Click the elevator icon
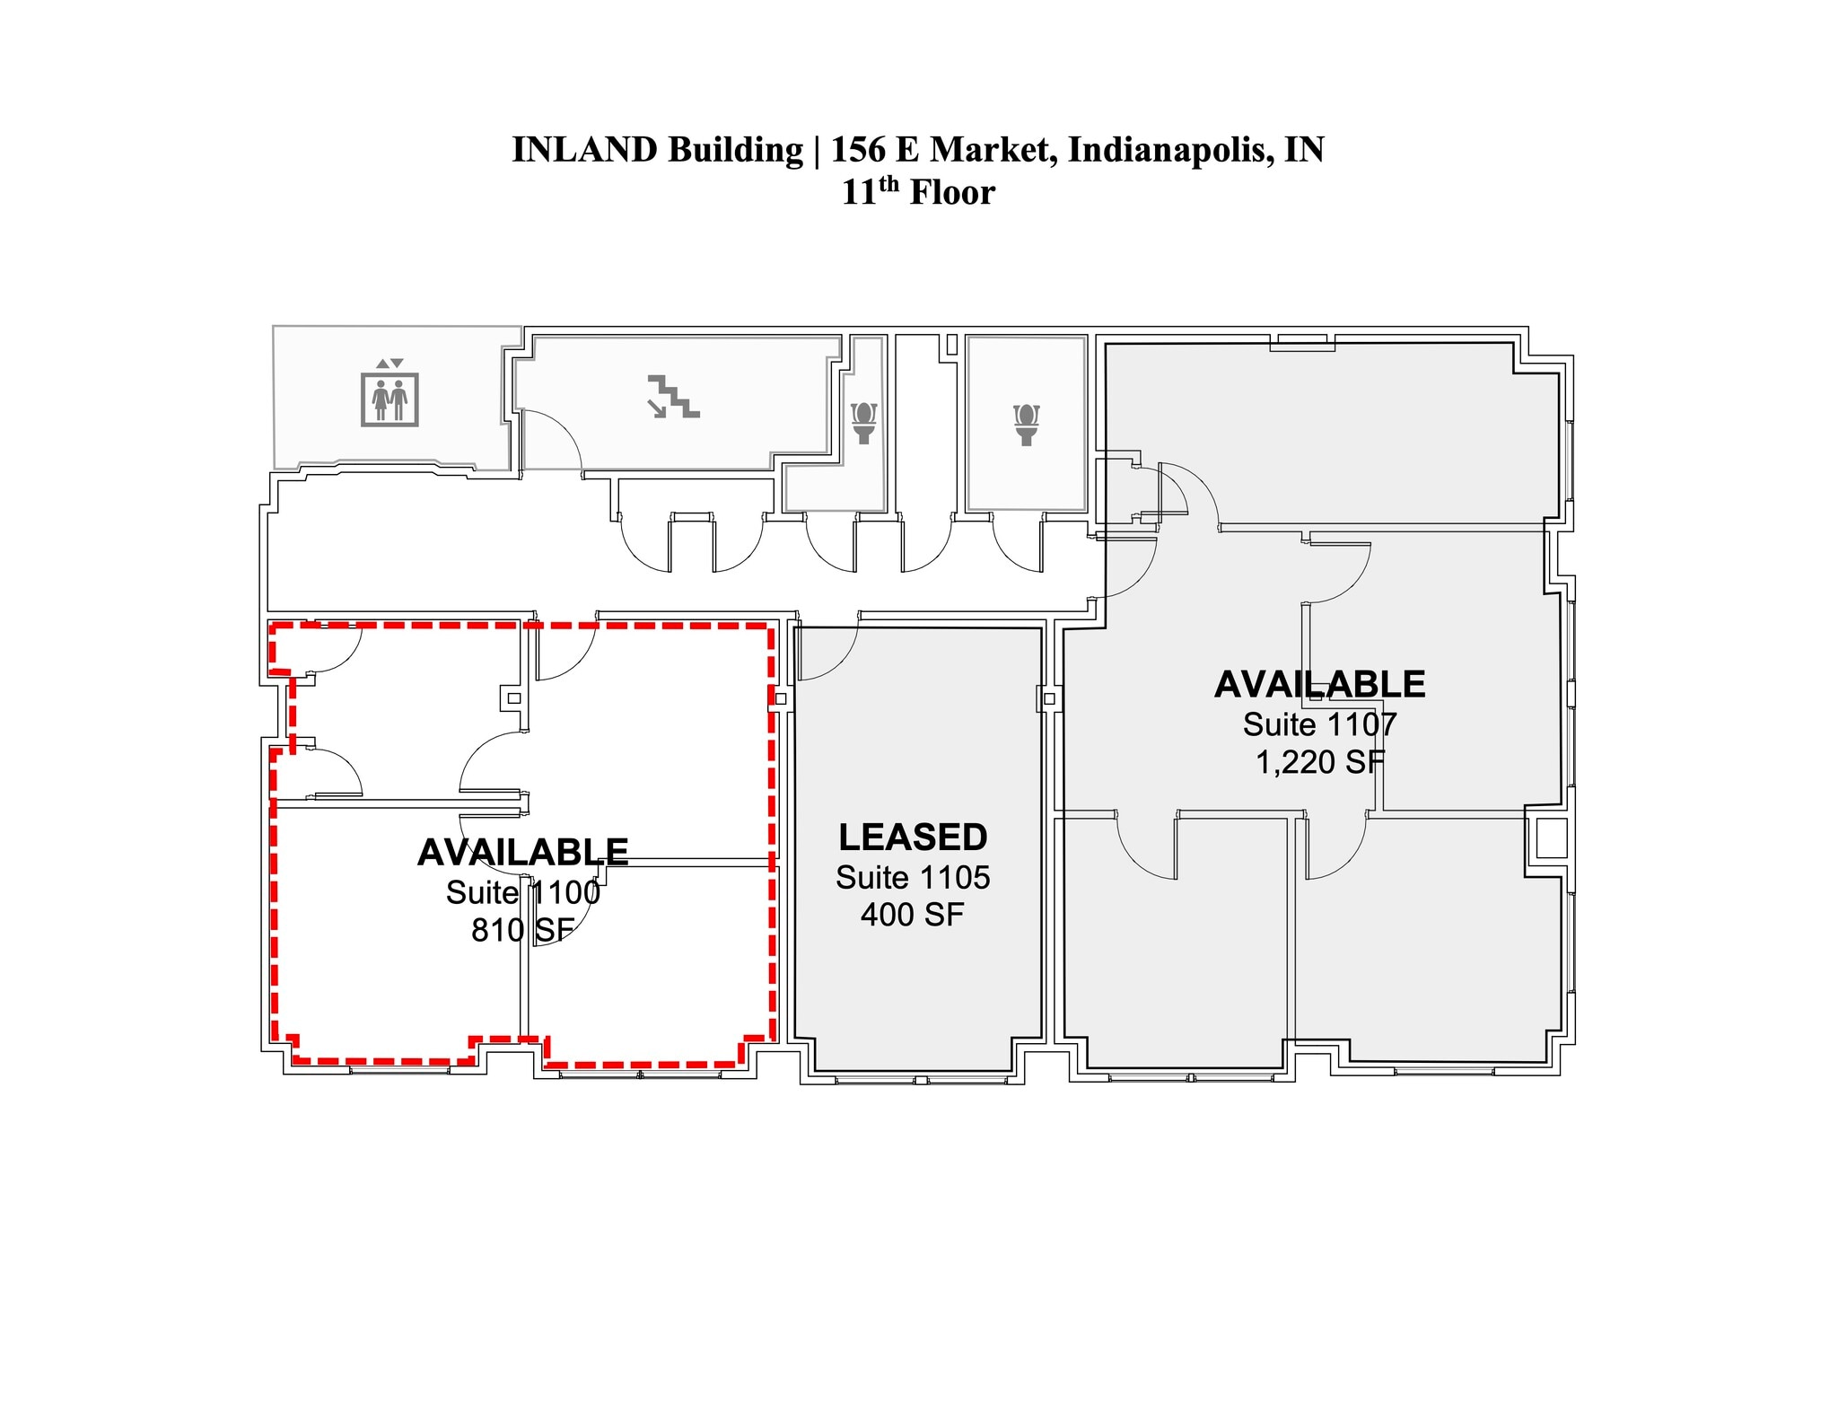click(x=389, y=394)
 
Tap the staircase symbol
click(x=672, y=397)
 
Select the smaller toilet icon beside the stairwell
click(x=863, y=423)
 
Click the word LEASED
click(x=913, y=838)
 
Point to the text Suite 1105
click(x=913, y=877)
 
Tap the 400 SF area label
click(x=912, y=915)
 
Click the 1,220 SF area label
click(x=1319, y=762)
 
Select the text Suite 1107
click(x=1319, y=724)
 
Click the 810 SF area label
click(x=522, y=930)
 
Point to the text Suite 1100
click(x=522, y=892)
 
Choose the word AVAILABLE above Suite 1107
click(x=1319, y=685)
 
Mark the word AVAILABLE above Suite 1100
click(x=522, y=853)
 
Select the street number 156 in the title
click(x=857, y=150)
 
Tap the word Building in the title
click(x=735, y=150)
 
